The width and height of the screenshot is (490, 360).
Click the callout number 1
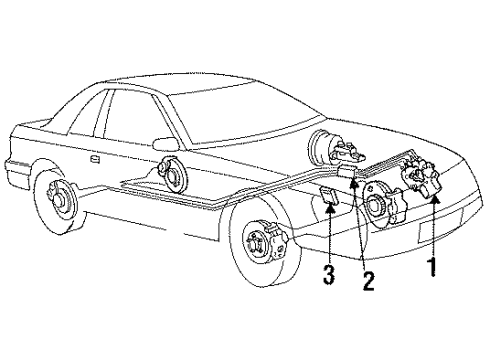pos(433,267)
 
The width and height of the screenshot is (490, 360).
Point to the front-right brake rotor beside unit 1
pos(381,205)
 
